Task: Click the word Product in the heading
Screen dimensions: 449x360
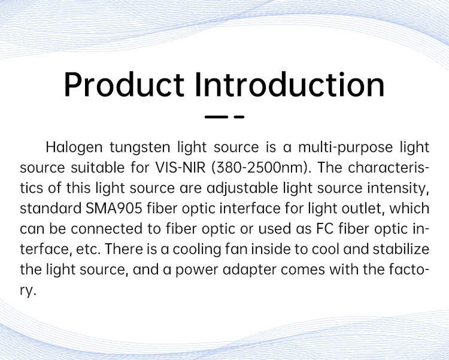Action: pyautogui.click(x=124, y=84)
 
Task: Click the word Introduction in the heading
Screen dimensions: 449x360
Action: pyautogui.click(x=290, y=84)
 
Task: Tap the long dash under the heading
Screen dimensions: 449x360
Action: pyautogui.click(x=217, y=117)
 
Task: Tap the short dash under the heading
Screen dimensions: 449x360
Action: pyautogui.click(x=239, y=117)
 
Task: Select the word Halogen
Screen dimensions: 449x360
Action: pyautogui.click(x=74, y=147)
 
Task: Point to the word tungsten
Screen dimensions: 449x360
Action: pyautogui.click(x=140, y=148)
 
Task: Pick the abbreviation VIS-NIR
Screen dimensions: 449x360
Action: pyautogui.click(x=180, y=167)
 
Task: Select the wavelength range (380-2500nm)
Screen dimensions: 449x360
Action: pyautogui.click(x=261, y=168)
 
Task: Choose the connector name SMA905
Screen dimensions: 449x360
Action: pyautogui.click(x=114, y=208)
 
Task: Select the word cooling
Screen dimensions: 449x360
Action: pyautogui.click(x=197, y=250)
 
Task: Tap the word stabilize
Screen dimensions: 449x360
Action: pyautogui.click(x=401, y=249)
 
